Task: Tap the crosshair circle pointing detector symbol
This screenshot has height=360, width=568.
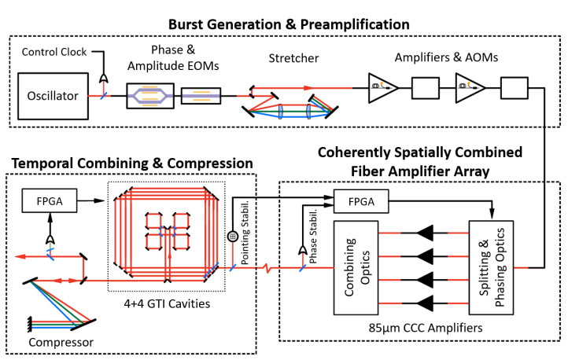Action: (x=233, y=236)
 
